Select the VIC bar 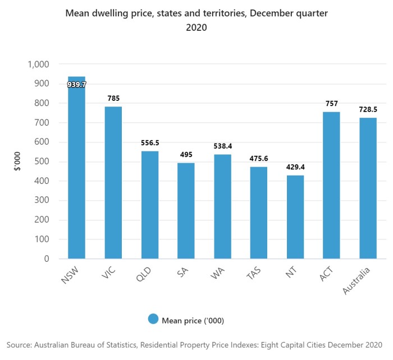113,183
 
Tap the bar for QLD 149,205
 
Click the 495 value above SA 186,155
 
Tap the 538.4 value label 222,146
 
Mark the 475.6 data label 258,159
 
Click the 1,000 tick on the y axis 38,64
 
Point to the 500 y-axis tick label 42,161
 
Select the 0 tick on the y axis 47,259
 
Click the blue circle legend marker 153,319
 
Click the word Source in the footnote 20,343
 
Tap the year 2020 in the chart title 196,27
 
